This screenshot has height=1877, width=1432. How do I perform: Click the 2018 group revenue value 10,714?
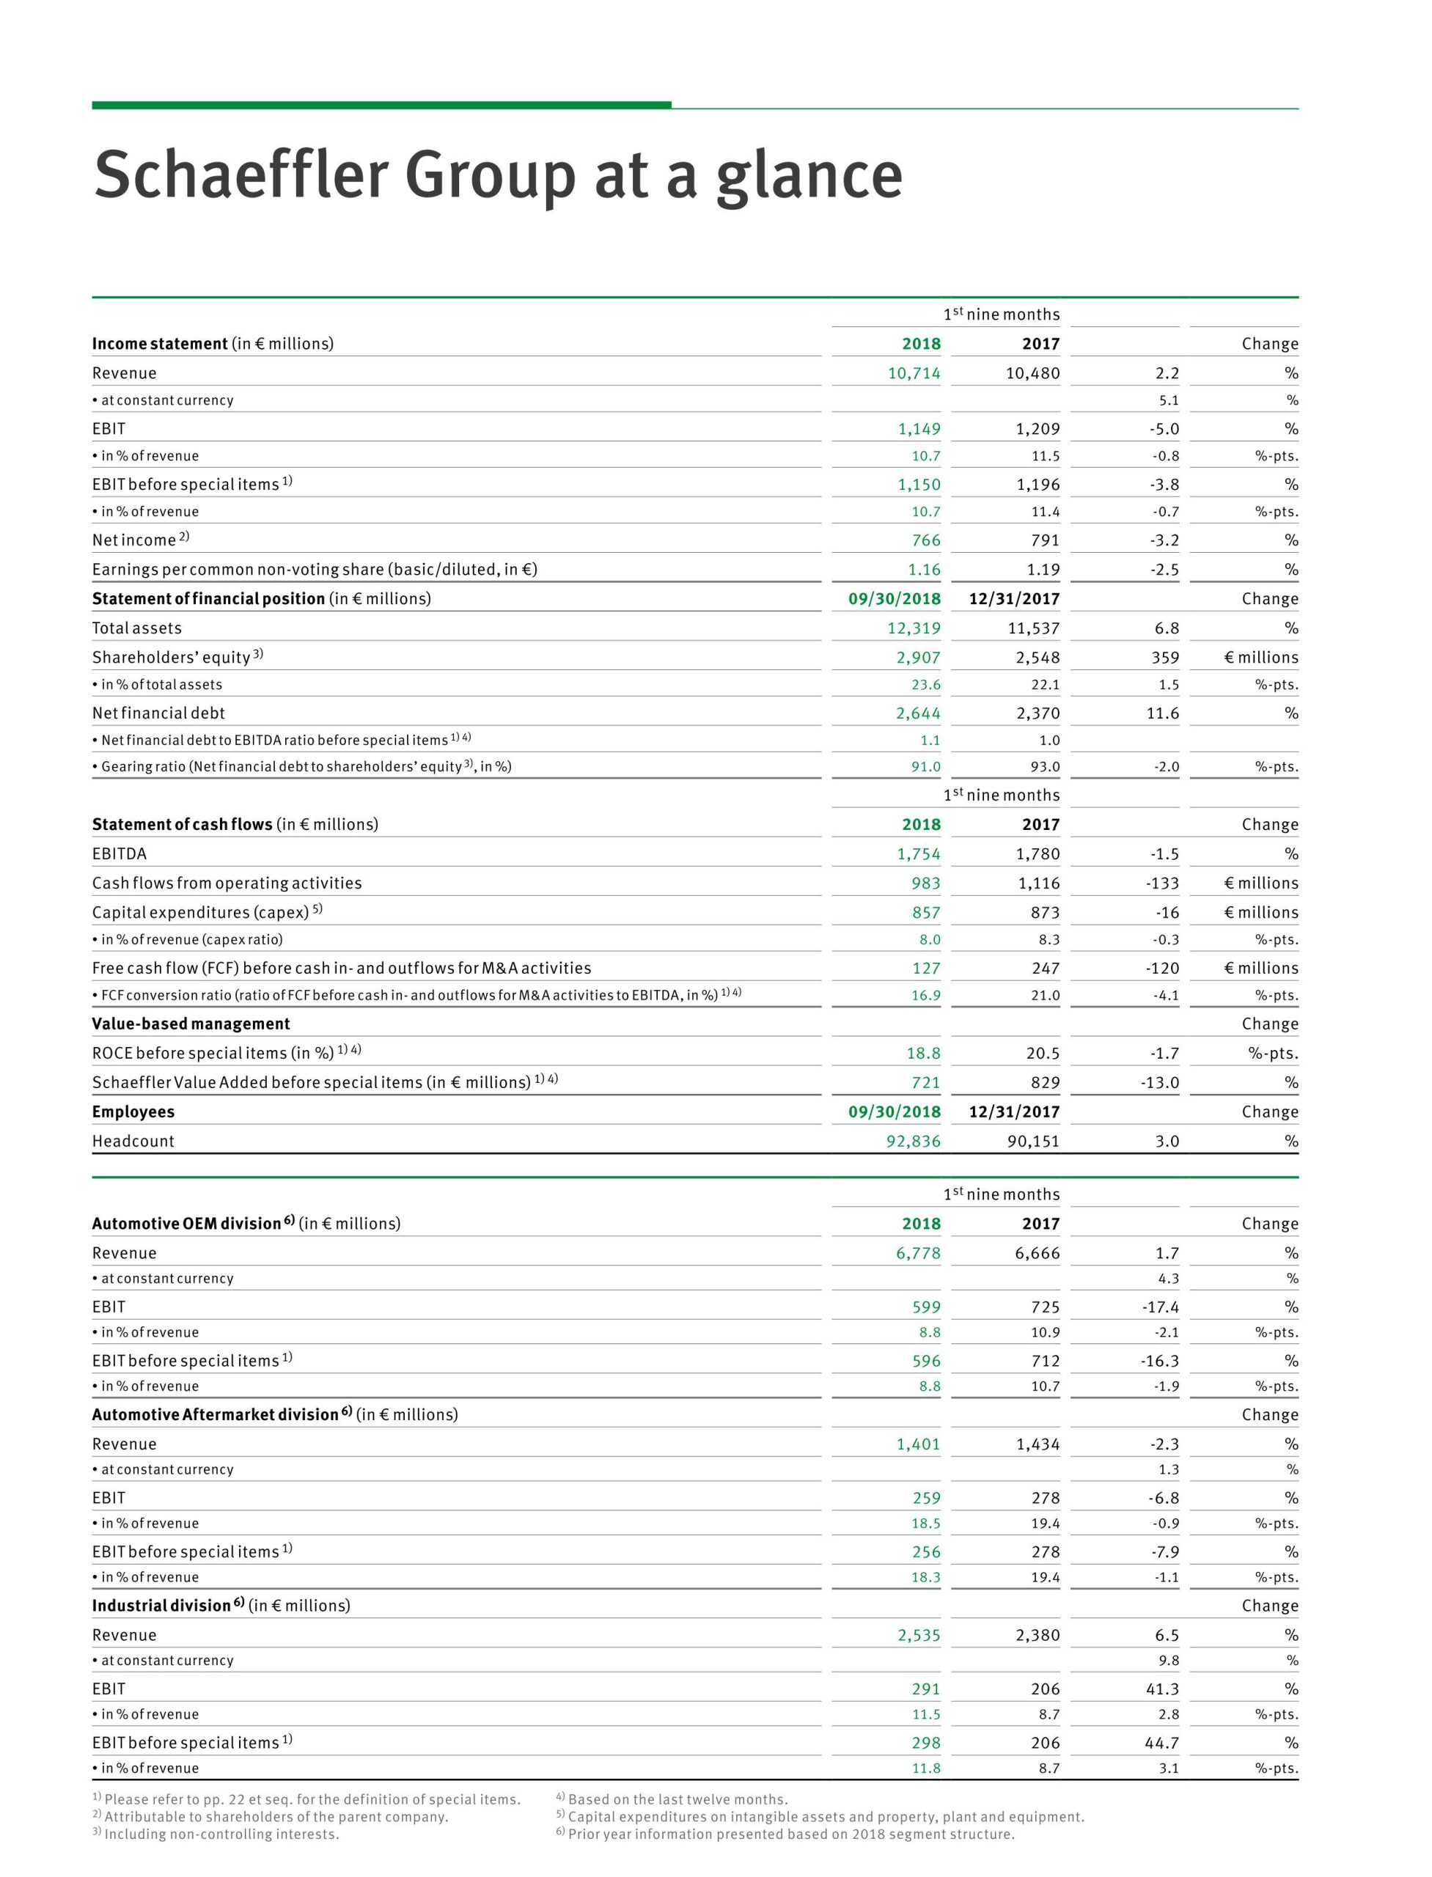click(914, 372)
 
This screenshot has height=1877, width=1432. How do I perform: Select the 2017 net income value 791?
click(1044, 540)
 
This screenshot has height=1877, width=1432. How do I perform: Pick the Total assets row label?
click(136, 628)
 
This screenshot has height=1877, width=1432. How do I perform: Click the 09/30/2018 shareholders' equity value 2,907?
click(918, 657)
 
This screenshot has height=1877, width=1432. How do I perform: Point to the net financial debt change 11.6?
click(1163, 713)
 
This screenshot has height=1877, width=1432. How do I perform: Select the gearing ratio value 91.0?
click(925, 766)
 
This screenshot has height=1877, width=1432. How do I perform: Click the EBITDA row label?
click(120, 853)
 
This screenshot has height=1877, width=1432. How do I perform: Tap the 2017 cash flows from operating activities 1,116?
click(1038, 883)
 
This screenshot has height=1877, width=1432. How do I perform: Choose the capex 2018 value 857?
click(925, 912)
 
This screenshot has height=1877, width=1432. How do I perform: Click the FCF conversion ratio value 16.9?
click(925, 995)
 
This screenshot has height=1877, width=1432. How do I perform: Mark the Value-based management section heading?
click(191, 1024)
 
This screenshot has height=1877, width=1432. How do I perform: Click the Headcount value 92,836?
click(913, 1141)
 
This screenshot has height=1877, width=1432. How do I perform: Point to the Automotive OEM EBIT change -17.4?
click(1160, 1307)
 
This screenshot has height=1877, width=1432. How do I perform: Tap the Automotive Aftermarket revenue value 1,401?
click(918, 1444)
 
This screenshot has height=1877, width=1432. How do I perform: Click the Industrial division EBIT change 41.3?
click(1161, 1689)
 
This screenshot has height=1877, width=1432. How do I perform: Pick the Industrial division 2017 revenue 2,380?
click(1038, 1635)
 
